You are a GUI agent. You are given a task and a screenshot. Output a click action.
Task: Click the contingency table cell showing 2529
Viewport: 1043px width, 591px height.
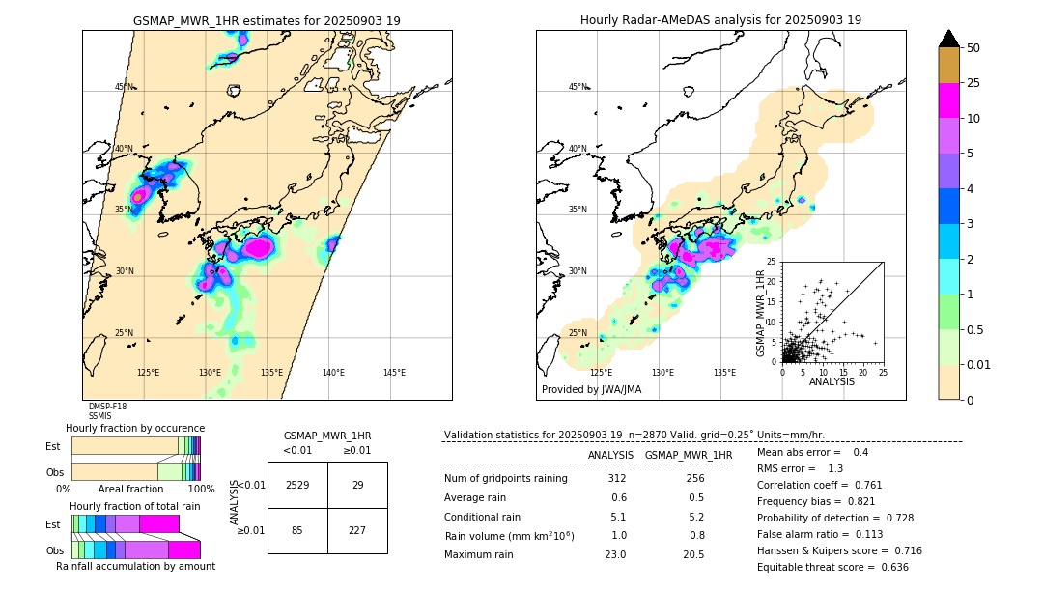[x=297, y=485]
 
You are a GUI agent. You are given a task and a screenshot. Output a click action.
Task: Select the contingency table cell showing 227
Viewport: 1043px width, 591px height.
[x=357, y=529]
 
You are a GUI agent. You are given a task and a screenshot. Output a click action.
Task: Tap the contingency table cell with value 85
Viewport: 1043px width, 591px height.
[x=297, y=529]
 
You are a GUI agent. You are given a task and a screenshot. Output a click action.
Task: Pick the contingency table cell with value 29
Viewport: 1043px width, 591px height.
[x=357, y=485]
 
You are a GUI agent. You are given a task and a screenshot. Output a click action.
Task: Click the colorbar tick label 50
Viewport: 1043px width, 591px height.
[x=973, y=48]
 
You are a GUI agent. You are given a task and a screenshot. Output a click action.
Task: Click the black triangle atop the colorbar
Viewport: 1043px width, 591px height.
[x=949, y=39]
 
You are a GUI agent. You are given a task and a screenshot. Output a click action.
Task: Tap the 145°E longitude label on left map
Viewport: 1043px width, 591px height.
[x=394, y=373]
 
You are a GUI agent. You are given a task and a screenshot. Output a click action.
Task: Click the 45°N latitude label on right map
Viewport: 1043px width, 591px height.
[x=578, y=88]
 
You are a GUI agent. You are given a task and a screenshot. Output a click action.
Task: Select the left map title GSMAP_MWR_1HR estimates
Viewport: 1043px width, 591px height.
[x=267, y=20]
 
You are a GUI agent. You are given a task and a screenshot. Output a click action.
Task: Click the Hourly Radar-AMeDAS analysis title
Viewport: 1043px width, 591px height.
[x=720, y=20]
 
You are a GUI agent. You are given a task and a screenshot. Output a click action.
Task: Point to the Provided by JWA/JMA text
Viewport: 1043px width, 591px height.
[x=591, y=390]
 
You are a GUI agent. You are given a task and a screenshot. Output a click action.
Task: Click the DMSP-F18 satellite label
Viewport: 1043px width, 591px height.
[x=107, y=407]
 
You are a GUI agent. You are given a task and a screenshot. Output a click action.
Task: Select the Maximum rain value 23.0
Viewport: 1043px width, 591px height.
[x=616, y=554]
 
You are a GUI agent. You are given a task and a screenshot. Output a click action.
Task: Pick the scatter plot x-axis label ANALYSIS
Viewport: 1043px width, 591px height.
[x=832, y=381]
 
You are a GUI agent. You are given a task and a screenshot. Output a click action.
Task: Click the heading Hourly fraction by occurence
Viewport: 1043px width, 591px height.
[x=135, y=428]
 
